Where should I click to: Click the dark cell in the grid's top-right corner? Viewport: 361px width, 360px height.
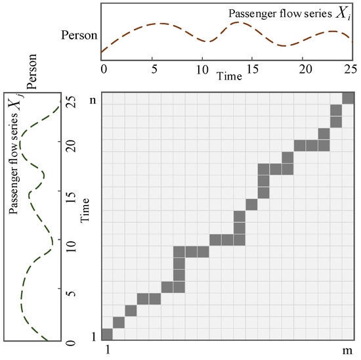(348, 97)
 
